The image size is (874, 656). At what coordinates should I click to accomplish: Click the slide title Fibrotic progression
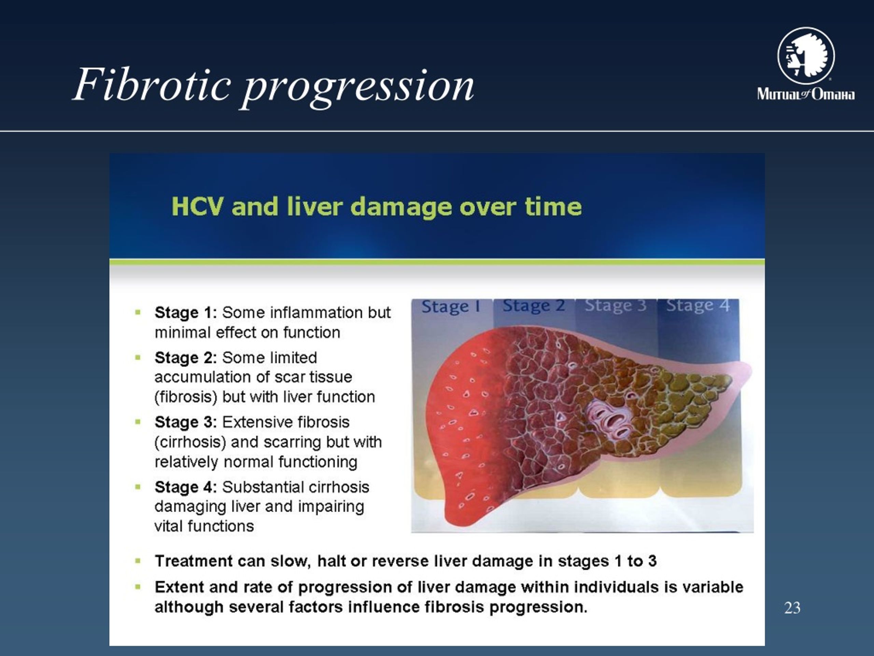(x=273, y=86)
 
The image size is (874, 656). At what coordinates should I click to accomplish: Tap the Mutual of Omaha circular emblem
(x=806, y=56)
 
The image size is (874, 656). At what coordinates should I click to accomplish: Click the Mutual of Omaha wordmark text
(x=806, y=94)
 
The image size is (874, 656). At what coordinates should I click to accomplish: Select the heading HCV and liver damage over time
(x=377, y=207)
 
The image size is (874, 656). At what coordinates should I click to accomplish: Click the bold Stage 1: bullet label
(x=186, y=312)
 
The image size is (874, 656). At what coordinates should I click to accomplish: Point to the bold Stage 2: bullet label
(x=186, y=357)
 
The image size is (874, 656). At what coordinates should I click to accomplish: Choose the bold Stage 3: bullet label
(x=186, y=422)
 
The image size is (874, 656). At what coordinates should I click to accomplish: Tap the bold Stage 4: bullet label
(x=186, y=487)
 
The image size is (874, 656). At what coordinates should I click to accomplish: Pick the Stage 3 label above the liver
(x=616, y=305)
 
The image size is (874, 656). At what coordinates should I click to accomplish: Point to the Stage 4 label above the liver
(x=698, y=305)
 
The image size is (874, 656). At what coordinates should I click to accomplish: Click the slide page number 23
(x=792, y=608)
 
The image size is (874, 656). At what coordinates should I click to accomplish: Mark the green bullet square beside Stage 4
(x=138, y=487)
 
